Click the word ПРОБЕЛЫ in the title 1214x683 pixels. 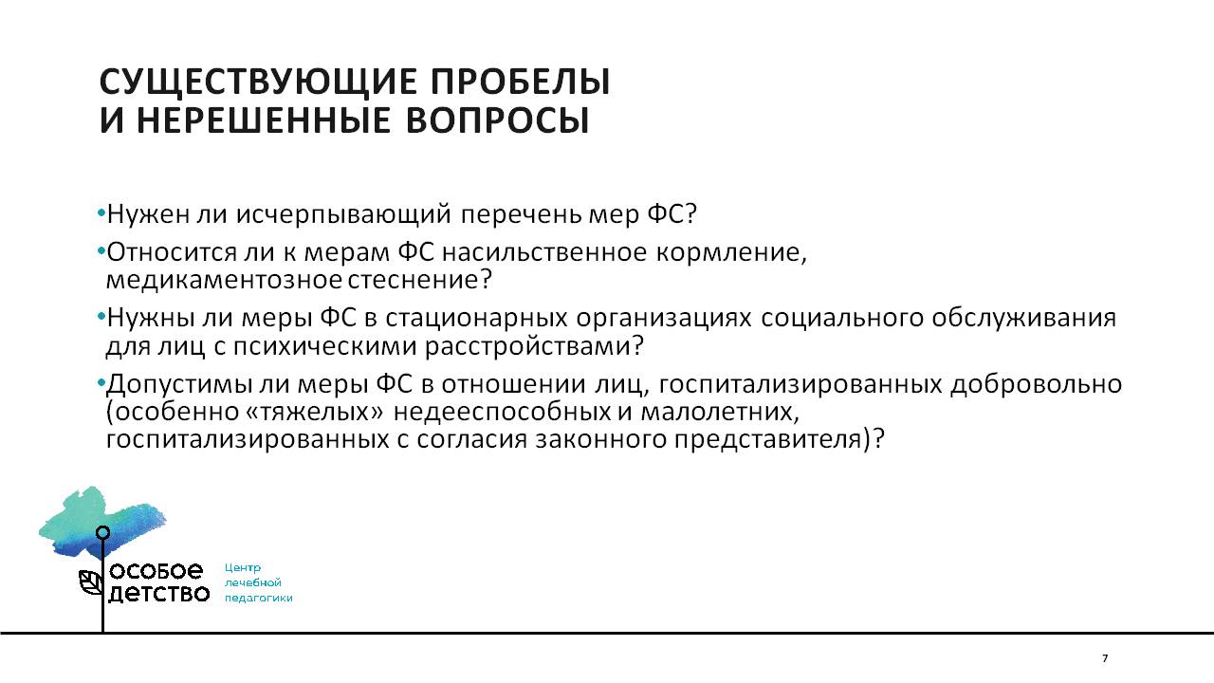[521, 82]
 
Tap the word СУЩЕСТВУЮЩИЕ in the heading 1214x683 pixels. [258, 83]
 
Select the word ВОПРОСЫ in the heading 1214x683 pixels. [497, 120]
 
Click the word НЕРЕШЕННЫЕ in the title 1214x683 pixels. [264, 120]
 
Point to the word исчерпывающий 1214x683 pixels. [343, 214]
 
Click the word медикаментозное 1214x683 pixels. [224, 280]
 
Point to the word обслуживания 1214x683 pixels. [1023, 318]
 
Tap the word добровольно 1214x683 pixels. [1036, 384]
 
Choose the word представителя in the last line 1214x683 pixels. [767, 439]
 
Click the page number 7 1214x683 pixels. [1105, 658]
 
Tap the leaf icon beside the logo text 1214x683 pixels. [91, 582]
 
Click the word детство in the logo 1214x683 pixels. [158, 594]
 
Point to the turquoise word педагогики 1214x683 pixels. [259, 599]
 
